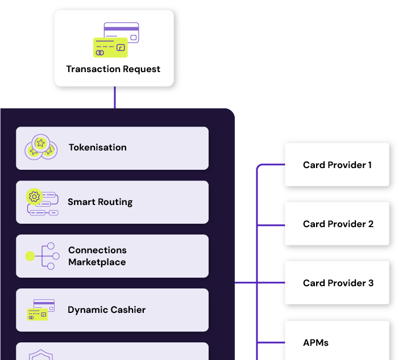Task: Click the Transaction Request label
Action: click(113, 69)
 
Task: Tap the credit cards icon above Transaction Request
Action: click(116, 40)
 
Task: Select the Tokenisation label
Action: click(97, 148)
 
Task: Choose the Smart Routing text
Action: click(100, 202)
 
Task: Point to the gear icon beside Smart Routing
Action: click(34, 197)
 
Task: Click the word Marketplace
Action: click(97, 262)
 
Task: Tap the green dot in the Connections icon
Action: click(30, 256)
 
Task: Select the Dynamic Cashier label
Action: click(106, 310)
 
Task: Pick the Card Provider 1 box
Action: click(337, 165)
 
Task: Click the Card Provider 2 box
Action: click(337, 224)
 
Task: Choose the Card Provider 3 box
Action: click(337, 283)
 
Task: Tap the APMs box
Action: click(337, 341)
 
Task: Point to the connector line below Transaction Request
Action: click(114, 97)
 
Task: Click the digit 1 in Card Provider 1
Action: click(369, 165)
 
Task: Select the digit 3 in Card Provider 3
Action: click(371, 283)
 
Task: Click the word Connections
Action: click(97, 250)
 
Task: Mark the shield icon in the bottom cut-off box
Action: click(40, 355)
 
